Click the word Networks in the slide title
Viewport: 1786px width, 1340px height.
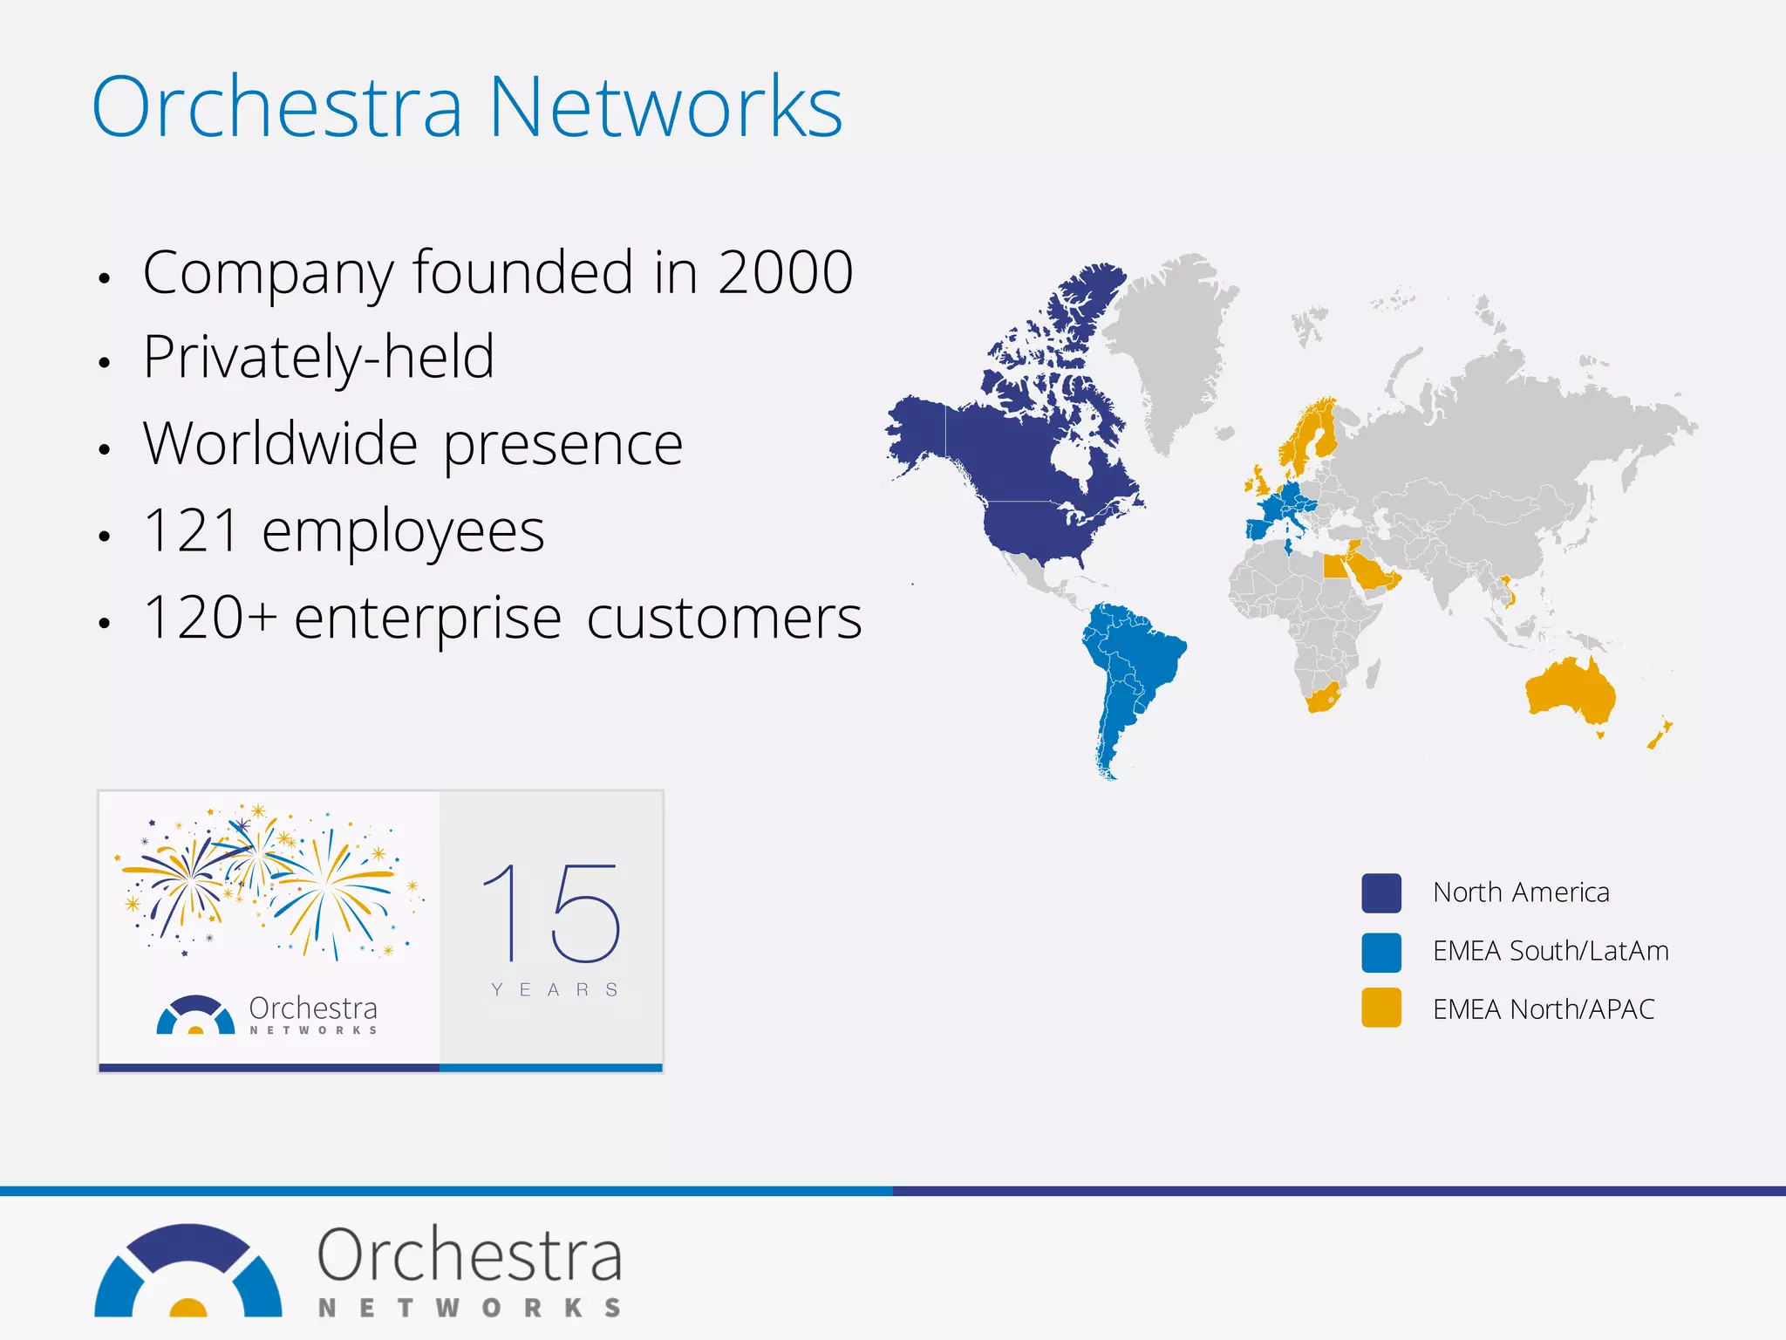point(665,107)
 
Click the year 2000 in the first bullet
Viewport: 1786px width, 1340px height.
point(785,272)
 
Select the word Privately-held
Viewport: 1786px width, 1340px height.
point(319,358)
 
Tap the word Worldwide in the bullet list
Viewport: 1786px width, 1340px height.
point(281,444)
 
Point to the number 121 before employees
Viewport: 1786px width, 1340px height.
point(191,530)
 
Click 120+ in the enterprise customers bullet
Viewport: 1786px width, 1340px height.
point(210,618)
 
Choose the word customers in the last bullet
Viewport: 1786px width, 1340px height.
point(724,618)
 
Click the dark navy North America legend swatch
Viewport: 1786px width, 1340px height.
point(1381,892)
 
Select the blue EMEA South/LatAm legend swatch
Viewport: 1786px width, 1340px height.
point(1381,952)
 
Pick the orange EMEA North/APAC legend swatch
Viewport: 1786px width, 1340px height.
point(1381,1008)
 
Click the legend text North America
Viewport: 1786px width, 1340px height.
point(1521,892)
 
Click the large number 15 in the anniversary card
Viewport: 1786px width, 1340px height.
point(551,913)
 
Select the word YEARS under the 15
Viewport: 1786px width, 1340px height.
point(555,989)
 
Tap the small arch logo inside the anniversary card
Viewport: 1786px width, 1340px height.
point(195,1015)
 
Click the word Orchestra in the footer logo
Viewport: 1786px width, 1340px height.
point(470,1255)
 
